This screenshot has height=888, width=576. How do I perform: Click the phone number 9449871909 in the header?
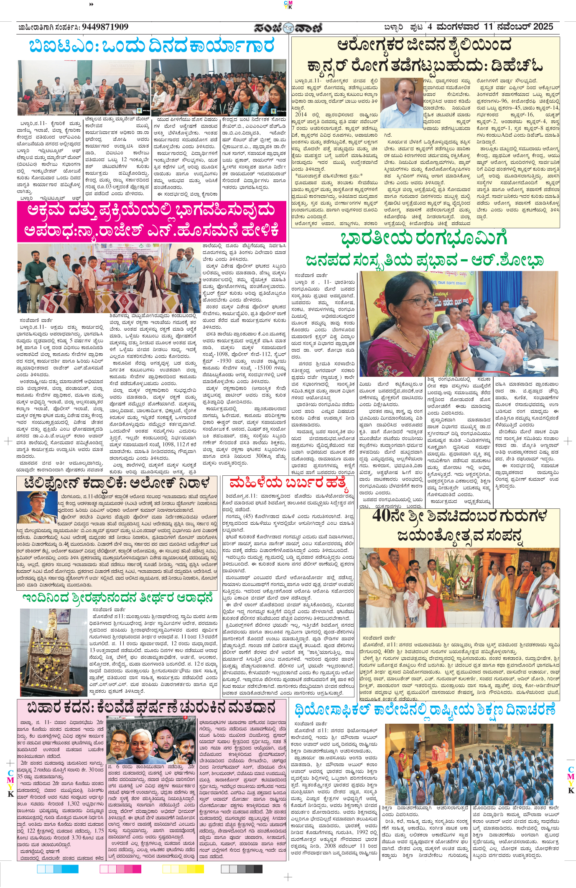[105, 27]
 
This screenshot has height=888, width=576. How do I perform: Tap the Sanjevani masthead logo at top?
[288, 28]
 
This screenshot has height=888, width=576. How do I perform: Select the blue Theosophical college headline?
[424, 709]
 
